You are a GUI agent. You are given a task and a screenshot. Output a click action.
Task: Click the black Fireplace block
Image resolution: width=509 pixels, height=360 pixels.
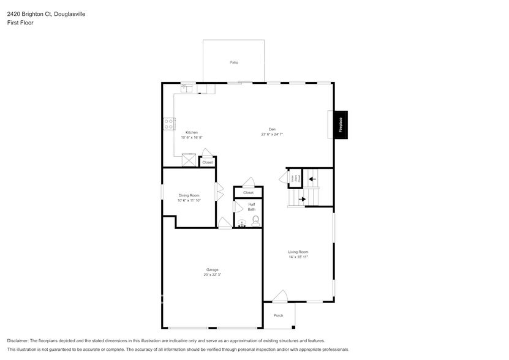coord(341,125)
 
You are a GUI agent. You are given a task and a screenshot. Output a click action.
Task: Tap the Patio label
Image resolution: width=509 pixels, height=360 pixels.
coord(233,62)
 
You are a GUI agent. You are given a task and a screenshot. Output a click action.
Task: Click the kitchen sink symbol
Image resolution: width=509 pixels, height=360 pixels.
coord(186,89)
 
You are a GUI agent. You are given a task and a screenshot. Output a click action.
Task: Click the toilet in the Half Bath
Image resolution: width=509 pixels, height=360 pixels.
coord(255,220)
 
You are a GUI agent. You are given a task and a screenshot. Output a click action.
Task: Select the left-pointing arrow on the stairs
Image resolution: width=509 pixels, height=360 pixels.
coord(312,179)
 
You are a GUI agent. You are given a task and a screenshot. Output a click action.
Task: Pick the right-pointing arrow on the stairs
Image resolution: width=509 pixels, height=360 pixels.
coord(301,198)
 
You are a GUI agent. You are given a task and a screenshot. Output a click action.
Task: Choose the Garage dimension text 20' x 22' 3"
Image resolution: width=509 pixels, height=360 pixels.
coord(213,275)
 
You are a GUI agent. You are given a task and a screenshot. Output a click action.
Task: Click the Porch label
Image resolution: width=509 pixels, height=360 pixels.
coord(279,315)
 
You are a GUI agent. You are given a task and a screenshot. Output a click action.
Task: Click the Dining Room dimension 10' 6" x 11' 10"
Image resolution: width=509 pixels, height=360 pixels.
coord(189,200)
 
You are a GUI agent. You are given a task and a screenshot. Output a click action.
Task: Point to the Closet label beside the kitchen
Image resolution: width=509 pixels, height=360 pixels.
coord(208,162)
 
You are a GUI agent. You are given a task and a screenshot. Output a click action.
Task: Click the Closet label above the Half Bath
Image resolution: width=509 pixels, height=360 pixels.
coord(248,193)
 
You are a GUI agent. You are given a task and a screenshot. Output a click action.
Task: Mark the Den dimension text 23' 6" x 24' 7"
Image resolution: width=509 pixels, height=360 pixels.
coord(271,134)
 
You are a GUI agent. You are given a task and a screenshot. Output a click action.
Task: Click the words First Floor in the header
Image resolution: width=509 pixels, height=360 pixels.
coord(20,23)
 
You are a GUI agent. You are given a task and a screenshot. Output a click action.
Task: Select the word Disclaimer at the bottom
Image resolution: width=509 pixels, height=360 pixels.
coord(18,340)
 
